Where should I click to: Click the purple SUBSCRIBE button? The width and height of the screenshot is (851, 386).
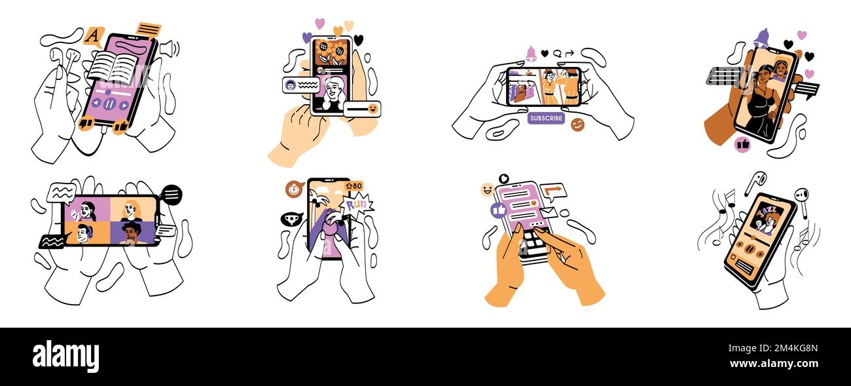click(546, 118)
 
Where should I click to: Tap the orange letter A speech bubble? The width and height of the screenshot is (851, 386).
click(94, 35)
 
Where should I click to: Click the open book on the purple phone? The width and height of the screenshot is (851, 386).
click(113, 68)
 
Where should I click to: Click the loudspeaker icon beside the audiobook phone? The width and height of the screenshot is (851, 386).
click(168, 48)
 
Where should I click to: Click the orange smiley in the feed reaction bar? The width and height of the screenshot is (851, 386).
click(372, 109)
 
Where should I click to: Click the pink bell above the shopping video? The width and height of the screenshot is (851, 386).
click(531, 54)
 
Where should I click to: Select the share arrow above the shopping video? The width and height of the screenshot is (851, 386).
click(570, 53)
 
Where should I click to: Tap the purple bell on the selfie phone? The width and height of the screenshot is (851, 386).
click(761, 39)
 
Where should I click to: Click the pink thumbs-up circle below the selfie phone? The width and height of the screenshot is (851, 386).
click(742, 144)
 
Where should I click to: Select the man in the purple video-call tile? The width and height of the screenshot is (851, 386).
click(133, 232)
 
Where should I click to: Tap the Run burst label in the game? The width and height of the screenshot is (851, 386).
click(357, 204)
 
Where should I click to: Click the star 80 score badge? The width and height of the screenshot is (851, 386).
click(353, 186)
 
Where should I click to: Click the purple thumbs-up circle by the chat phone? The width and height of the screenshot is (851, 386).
click(498, 210)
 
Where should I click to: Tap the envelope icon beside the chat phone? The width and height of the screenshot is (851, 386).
click(549, 212)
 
